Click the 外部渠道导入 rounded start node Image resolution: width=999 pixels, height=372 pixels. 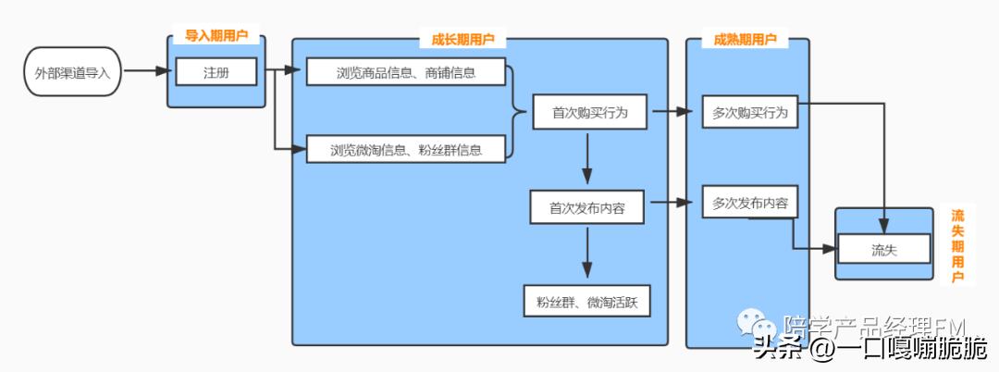point(72,72)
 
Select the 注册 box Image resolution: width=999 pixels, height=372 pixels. point(216,71)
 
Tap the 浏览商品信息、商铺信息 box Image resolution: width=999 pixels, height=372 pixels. point(406,72)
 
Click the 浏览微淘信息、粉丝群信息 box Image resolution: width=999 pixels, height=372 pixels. point(406,149)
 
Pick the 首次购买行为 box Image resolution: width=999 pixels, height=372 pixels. point(589,112)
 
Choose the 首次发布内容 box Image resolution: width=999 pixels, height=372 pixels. point(587,207)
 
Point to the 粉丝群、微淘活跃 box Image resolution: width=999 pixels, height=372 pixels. point(586,301)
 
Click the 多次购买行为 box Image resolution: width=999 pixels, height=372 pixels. point(749,112)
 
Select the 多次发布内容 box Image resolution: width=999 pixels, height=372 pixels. point(749,203)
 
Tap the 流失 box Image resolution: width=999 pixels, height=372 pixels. point(884,249)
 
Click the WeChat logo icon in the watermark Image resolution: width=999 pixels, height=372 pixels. point(756,325)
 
